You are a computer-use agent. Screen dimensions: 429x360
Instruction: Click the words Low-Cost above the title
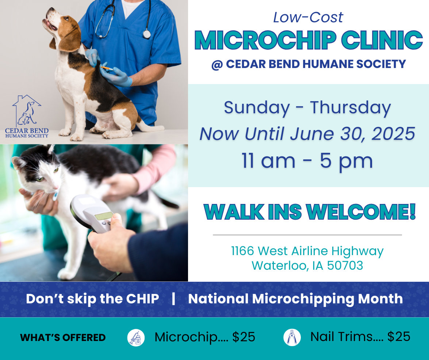click(x=308, y=18)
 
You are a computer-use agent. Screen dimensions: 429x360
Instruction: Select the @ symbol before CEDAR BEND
click(x=217, y=65)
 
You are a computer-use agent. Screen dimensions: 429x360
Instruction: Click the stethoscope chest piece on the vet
click(x=147, y=34)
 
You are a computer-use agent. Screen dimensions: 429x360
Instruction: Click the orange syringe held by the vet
click(x=106, y=68)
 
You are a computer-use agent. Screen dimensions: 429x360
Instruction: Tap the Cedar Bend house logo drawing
click(x=27, y=110)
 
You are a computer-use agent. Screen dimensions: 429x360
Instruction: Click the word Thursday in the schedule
click(x=350, y=108)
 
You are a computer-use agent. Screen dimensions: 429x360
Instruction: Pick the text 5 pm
click(x=346, y=162)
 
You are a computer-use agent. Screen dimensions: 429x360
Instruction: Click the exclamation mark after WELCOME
click(x=412, y=212)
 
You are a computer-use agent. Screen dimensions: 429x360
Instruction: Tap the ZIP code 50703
click(x=345, y=265)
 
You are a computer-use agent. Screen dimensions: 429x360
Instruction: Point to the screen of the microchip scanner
click(x=104, y=216)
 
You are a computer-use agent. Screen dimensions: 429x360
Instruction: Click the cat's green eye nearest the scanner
click(x=56, y=170)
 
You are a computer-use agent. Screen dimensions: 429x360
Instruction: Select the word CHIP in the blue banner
click(x=142, y=299)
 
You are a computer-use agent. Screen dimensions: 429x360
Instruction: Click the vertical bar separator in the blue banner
click(x=173, y=299)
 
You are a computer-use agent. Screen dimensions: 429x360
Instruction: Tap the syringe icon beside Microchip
click(x=136, y=338)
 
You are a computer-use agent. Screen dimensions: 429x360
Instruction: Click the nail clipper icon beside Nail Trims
click(x=292, y=338)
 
